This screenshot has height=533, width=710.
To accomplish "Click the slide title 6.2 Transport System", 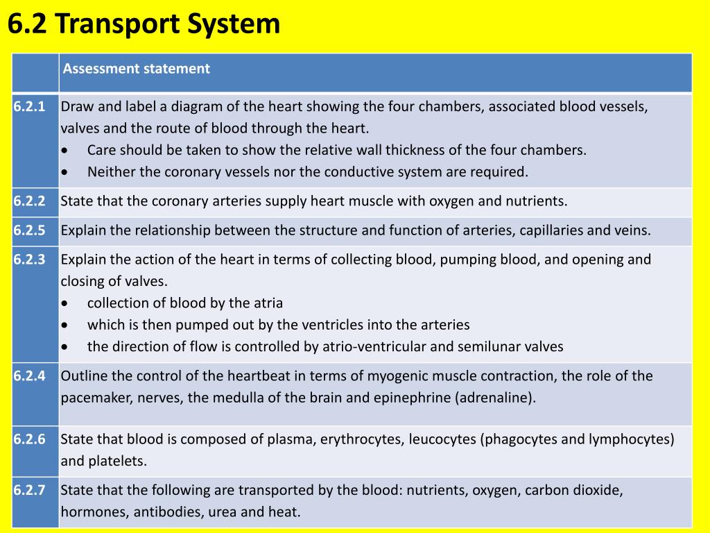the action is point(144,25).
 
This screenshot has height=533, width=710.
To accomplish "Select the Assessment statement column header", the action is point(136,69).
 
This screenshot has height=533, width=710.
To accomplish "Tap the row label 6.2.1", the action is point(29,107).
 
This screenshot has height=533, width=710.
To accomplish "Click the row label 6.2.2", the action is point(29,201).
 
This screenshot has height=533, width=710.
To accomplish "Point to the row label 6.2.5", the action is point(29,230).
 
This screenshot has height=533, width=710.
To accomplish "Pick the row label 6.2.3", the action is point(29,260).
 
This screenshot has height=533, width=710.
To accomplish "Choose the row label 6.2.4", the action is point(29,376).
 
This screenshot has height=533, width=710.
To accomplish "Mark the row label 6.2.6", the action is point(29,439).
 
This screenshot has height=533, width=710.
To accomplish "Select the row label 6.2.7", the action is point(29,490).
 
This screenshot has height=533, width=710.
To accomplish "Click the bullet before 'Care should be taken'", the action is point(65,151).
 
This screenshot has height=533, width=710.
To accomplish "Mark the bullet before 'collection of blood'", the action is point(65,303).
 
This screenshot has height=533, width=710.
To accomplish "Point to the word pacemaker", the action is point(96,398).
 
